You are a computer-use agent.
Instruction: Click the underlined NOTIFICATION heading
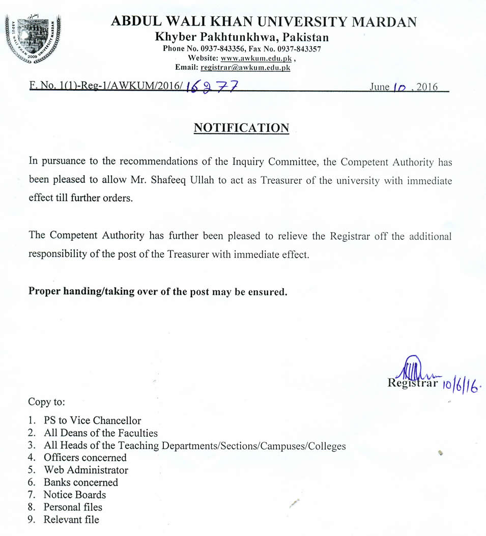[x=241, y=128]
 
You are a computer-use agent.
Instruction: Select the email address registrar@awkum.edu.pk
[x=245, y=67]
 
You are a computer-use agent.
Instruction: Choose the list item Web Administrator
[x=85, y=470]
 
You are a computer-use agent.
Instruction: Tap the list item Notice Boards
[x=74, y=495]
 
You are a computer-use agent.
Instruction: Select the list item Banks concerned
[x=80, y=482]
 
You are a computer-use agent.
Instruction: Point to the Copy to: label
[x=47, y=402]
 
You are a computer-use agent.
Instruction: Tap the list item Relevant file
[x=71, y=520]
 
